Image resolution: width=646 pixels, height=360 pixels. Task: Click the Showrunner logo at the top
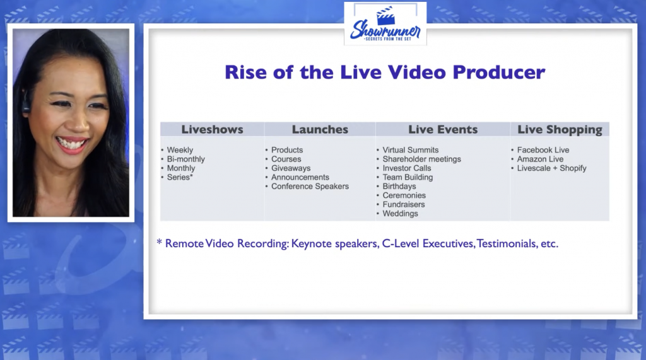tap(385, 23)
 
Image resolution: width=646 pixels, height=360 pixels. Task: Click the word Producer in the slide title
tap(499, 73)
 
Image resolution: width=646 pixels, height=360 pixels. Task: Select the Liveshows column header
tap(212, 129)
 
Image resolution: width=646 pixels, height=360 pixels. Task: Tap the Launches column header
tap(320, 129)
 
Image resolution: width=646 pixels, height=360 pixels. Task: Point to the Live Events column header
tap(443, 129)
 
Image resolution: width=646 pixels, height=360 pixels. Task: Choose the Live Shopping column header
tap(560, 130)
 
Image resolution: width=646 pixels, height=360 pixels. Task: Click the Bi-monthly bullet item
tap(186, 160)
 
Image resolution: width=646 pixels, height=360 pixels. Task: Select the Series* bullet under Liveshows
tap(180, 177)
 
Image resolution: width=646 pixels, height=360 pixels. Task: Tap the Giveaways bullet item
tap(291, 168)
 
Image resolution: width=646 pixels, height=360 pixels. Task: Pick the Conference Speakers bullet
tap(310, 187)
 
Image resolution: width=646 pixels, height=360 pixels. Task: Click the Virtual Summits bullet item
tap(410, 150)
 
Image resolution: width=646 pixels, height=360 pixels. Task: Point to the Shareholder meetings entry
tap(421, 160)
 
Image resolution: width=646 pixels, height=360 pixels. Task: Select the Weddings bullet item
tap(400, 214)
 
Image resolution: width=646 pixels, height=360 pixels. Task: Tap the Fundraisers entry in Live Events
tap(403, 204)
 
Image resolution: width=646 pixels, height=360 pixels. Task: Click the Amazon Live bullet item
tap(540, 159)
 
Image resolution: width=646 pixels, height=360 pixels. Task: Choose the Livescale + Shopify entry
tap(551, 168)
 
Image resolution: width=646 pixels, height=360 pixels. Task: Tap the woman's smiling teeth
tap(72, 144)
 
